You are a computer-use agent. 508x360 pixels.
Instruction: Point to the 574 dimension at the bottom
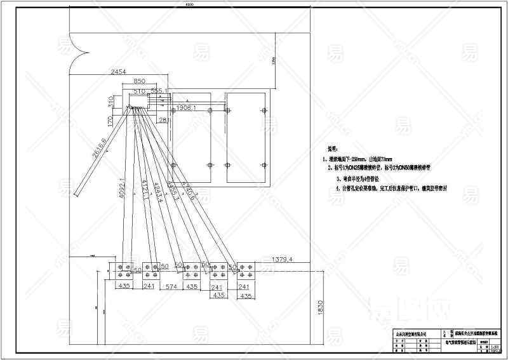pyautogui.click(x=170, y=286)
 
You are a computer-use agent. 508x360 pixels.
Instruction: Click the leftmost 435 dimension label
pyautogui.click(x=124, y=286)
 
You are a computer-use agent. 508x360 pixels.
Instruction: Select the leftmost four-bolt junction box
pyautogui.click(x=124, y=271)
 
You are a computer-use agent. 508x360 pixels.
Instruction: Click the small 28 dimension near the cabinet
pyautogui.click(x=163, y=119)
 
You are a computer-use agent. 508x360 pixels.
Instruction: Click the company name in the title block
pyautogui.click(x=406, y=333)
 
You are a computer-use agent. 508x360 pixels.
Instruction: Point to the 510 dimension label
pyautogui.click(x=140, y=91)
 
